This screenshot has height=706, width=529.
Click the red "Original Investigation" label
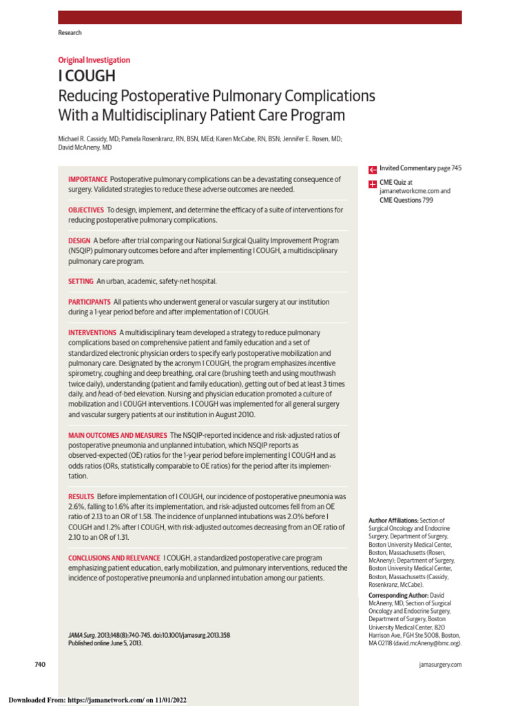(94, 60)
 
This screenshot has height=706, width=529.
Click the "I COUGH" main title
(86, 76)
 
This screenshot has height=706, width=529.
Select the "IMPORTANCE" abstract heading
(87, 179)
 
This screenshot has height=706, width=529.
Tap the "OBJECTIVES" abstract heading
(86, 210)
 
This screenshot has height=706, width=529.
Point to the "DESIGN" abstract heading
(79, 241)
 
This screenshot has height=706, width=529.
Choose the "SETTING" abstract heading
(81, 281)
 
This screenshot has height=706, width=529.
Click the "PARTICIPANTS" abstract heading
(89, 302)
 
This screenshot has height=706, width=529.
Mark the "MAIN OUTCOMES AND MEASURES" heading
(117, 436)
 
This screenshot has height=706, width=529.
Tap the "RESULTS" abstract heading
(81, 496)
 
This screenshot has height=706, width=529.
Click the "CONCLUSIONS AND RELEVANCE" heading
(114, 557)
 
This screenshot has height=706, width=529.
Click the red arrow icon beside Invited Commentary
(372, 169)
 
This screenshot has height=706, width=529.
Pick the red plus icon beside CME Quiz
(372, 183)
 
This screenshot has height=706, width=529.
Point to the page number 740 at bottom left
(40, 664)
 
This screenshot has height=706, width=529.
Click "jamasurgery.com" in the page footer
(439, 665)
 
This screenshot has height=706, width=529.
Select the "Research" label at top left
(69, 32)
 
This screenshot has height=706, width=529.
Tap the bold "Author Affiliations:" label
(393, 521)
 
